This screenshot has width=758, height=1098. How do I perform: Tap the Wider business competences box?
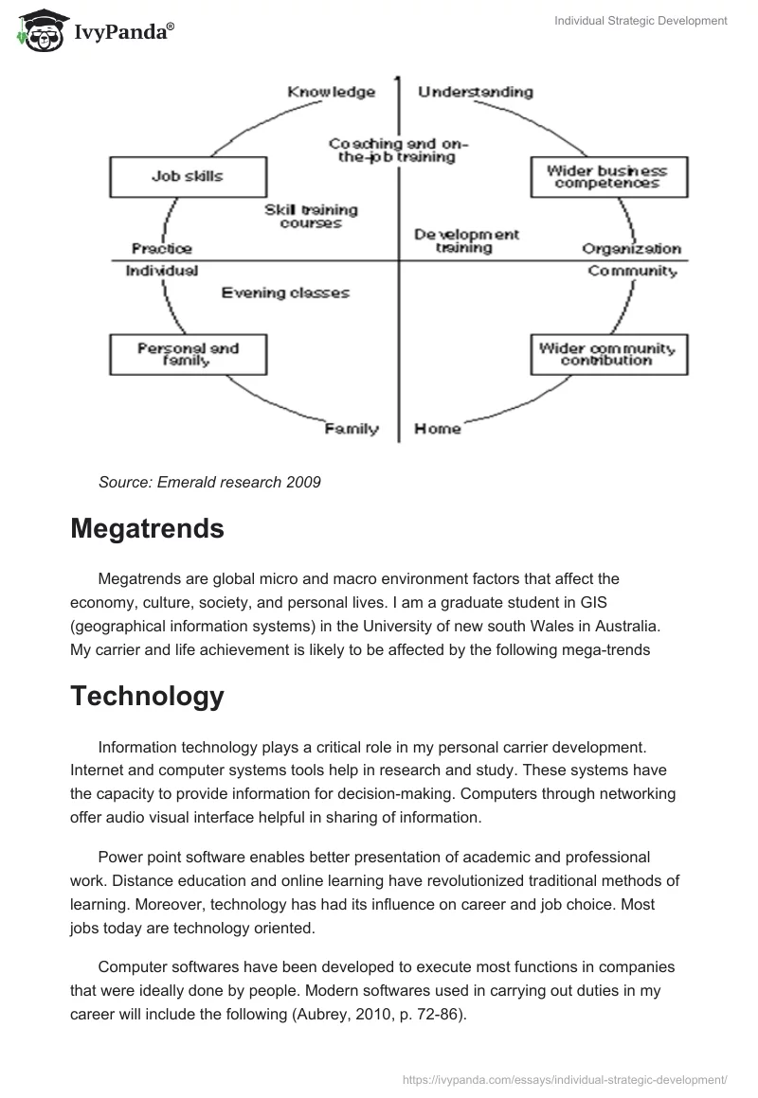606,177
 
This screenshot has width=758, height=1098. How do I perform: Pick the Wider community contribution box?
606,354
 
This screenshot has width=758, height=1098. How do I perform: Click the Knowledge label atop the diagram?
331,92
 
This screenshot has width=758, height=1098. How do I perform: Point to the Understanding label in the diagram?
475,92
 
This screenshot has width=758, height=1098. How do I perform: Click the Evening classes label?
285,293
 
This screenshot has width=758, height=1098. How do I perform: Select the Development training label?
465,240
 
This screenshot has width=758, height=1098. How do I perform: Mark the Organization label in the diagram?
631,249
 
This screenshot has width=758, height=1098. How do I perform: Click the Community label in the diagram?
632,272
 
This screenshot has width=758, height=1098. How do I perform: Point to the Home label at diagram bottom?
438,429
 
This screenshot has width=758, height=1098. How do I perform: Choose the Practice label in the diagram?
161,249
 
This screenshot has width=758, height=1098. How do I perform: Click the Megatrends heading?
147,528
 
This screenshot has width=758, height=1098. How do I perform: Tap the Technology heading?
147,696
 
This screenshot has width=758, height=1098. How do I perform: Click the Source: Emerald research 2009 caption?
209,482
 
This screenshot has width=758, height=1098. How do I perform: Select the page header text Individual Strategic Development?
641,21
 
